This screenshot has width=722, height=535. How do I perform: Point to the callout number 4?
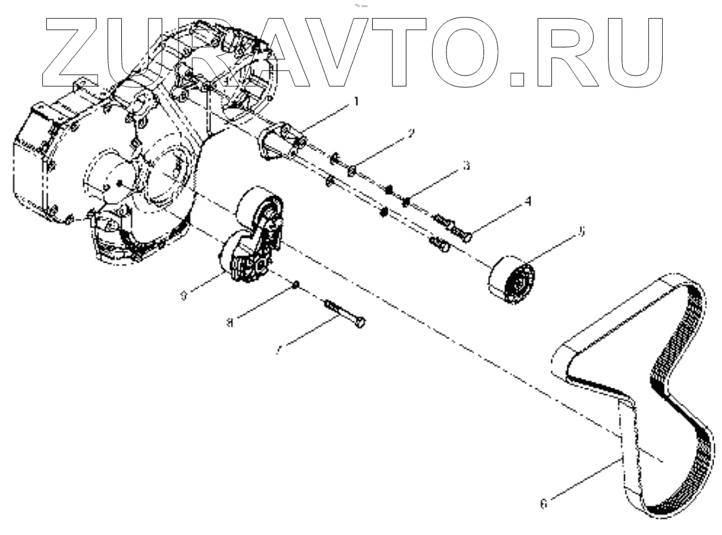tap(528, 202)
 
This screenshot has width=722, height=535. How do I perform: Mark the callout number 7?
tap(278, 350)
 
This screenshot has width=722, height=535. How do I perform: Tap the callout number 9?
tap(184, 295)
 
